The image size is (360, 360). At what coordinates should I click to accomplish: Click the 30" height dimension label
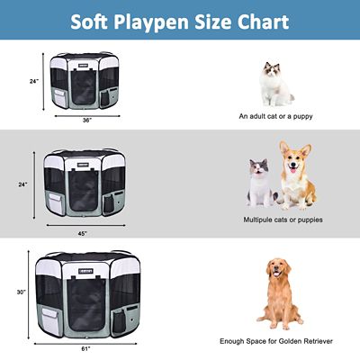20,292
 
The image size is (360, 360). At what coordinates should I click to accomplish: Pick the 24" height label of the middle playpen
23,184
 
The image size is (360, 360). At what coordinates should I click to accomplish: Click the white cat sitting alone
275,83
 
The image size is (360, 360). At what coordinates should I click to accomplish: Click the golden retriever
278,293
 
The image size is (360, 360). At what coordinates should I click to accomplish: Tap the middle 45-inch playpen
83,184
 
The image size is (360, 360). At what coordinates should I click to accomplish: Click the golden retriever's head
279,270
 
